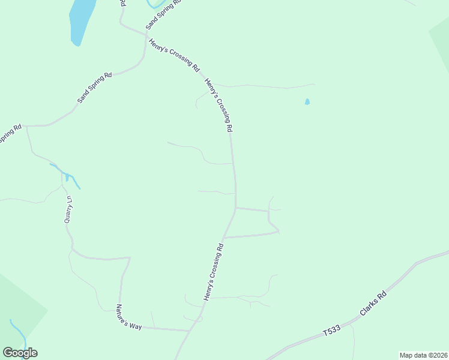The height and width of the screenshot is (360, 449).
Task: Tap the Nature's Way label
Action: click(x=129, y=317)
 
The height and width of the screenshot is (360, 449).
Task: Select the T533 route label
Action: click(x=331, y=330)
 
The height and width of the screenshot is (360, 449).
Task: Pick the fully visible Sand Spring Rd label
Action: click(x=95, y=88)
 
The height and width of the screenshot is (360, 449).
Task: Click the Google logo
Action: click(x=20, y=353)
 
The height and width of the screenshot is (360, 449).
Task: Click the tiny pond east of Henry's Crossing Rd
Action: click(x=307, y=102)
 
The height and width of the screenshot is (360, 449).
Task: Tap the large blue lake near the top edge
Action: click(x=82, y=21)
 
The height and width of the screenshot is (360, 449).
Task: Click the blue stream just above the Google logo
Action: click(x=17, y=332)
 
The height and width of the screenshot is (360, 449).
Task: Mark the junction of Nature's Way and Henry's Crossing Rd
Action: click(x=190, y=331)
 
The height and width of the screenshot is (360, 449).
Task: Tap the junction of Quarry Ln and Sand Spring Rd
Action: click(x=28, y=126)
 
